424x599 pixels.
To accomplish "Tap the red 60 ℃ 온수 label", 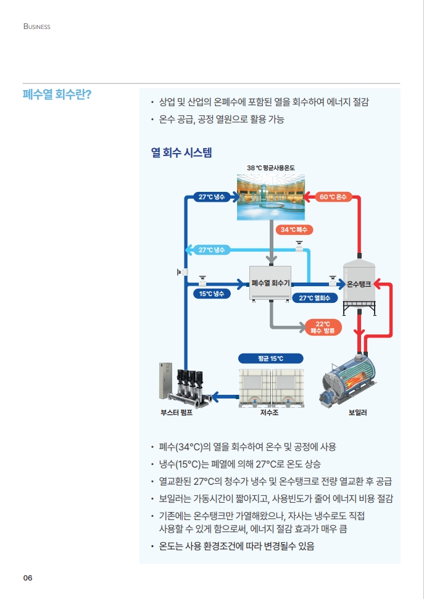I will point(333,197).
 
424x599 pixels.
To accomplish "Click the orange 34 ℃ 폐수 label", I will point(294,229).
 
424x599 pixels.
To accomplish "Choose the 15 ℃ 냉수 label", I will point(210,294).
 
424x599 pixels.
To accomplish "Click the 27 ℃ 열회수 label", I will point(314,298).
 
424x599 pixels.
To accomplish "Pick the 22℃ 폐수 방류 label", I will point(322,328).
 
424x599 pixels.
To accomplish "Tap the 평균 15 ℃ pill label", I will point(271,358).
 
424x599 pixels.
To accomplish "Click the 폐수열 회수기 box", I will point(270,284).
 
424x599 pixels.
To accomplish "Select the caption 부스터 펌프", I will point(177,412).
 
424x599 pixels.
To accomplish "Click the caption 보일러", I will point(358,412).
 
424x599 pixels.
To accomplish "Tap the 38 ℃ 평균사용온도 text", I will point(270,168).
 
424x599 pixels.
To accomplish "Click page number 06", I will point(28,578).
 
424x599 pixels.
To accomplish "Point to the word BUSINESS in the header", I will point(36,27).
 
